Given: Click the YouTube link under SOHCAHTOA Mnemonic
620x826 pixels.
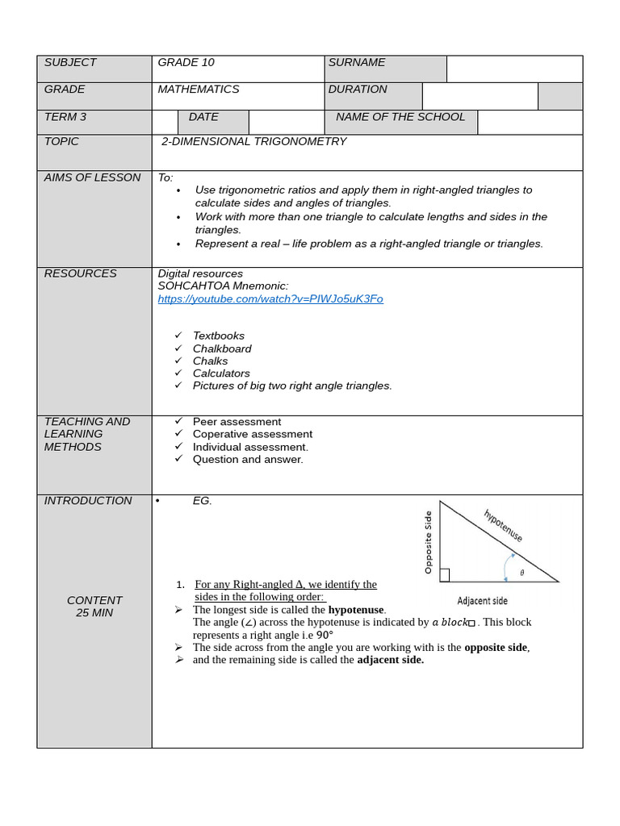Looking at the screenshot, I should (x=270, y=299).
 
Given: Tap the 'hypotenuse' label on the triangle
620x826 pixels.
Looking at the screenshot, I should (x=503, y=525).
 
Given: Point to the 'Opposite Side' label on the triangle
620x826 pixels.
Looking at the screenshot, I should (x=429, y=542).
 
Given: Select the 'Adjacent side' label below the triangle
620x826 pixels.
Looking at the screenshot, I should (x=482, y=601).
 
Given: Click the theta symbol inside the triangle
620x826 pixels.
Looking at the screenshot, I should (x=522, y=573).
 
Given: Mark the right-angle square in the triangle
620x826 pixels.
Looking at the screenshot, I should (x=445, y=575).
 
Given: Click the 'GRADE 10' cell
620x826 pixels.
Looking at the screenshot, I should (x=186, y=63).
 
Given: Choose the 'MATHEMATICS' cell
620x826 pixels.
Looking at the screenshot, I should (x=199, y=90).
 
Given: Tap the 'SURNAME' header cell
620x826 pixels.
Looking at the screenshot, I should (x=357, y=63).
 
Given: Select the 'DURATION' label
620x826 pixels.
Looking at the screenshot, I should (x=358, y=90).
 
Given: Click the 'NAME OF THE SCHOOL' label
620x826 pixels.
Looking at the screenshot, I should (x=400, y=117).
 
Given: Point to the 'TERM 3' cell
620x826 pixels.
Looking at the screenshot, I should (x=65, y=117).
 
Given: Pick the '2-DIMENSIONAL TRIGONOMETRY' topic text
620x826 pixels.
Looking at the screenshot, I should (x=253, y=142).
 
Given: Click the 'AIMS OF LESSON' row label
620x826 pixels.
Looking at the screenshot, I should (x=92, y=177).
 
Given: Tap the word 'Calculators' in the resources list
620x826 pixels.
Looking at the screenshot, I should (x=221, y=373).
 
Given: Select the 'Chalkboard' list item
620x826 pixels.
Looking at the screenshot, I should (x=222, y=348).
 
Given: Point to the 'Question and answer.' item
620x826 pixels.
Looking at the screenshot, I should (x=248, y=460).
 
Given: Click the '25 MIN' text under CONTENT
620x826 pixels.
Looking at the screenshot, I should (x=94, y=613).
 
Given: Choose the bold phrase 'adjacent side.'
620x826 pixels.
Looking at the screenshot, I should (x=390, y=660).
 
